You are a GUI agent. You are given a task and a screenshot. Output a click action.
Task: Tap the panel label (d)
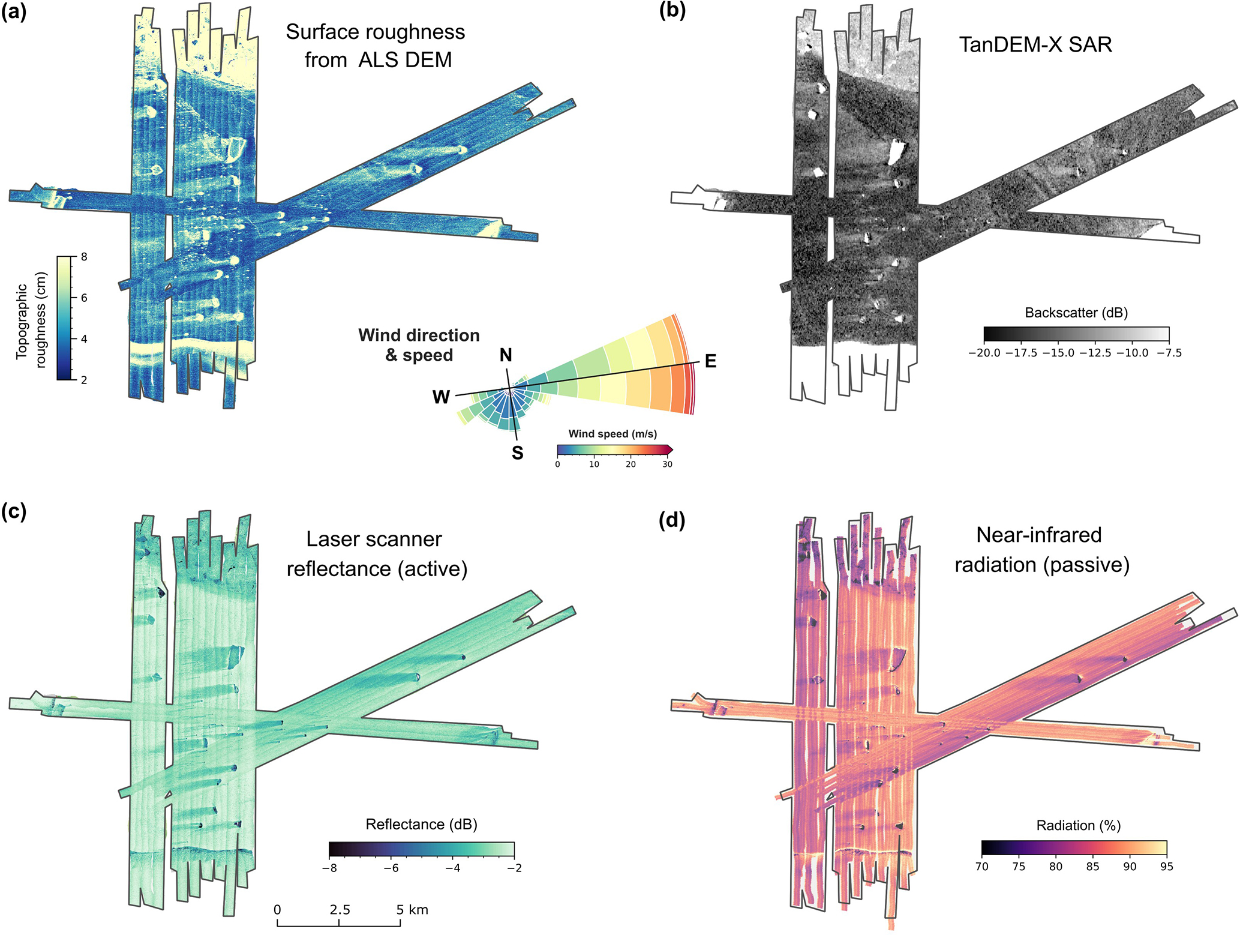click(x=671, y=520)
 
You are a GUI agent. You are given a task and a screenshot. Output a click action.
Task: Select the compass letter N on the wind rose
click(x=506, y=355)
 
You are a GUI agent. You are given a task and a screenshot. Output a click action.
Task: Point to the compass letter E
click(x=710, y=361)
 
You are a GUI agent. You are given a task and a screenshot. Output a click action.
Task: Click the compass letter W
click(x=441, y=397)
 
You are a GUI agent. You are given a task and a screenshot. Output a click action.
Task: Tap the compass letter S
click(x=517, y=453)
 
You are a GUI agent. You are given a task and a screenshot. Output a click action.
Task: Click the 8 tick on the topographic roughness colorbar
click(x=83, y=257)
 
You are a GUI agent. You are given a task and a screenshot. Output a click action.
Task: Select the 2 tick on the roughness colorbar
click(x=83, y=380)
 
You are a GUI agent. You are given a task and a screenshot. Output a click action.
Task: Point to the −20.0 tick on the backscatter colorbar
click(x=984, y=353)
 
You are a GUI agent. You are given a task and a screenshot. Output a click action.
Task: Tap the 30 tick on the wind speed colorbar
click(x=667, y=464)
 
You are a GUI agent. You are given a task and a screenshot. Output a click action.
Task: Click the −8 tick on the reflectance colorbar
click(x=329, y=868)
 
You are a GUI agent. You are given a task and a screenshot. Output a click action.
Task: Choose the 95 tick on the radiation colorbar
click(x=1166, y=867)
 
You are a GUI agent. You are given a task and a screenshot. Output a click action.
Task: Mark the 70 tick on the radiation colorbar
click(x=982, y=867)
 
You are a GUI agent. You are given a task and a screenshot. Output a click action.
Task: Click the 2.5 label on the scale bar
click(x=340, y=910)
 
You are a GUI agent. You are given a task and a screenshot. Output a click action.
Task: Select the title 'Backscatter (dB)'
click(x=1076, y=313)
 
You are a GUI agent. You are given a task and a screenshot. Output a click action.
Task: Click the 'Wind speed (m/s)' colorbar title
click(x=613, y=434)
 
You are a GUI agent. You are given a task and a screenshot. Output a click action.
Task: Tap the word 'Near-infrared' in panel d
click(x=1039, y=535)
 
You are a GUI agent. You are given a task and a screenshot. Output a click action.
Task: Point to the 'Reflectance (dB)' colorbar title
click(x=421, y=825)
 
